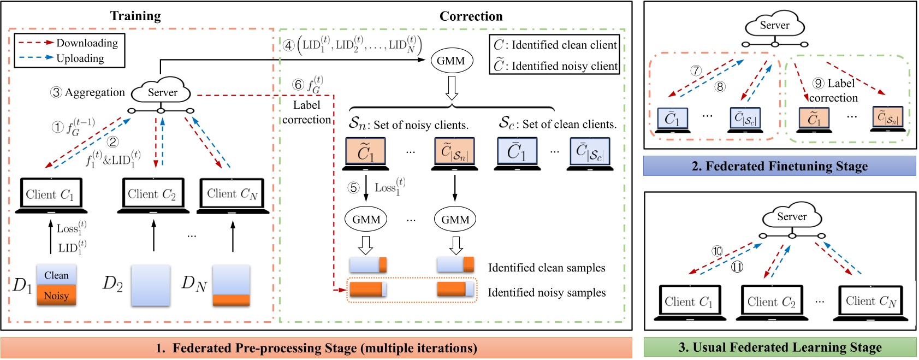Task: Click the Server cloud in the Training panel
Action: [x=162, y=92]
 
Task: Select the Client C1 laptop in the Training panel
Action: [x=51, y=195]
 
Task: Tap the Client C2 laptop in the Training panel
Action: [x=152, y=194]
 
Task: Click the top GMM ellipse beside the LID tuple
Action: [x=450, y=61]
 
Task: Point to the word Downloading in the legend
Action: [x=87, y=43]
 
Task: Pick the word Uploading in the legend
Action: [x=80, y=58]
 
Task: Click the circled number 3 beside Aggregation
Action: [x=56, y=92]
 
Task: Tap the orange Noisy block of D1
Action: [x=56, y=296]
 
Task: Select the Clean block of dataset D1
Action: [x=56, y=275]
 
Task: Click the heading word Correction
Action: [x=471, y=16]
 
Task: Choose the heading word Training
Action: [x=135, y=16]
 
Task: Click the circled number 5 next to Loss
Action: [x=353, y=188]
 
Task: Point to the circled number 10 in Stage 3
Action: [x=717, y=251]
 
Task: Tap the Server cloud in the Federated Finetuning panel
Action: [x=774, y=26]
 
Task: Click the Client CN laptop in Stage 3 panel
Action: [x=871, y=302]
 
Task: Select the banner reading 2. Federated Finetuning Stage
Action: [x=779, y=166]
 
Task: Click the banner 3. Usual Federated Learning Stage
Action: [x=780, y=347]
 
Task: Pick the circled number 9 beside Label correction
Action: [x=818, y=83]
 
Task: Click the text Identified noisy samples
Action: [x=547, y=293]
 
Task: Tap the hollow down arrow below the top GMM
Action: [x=451, y=88]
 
